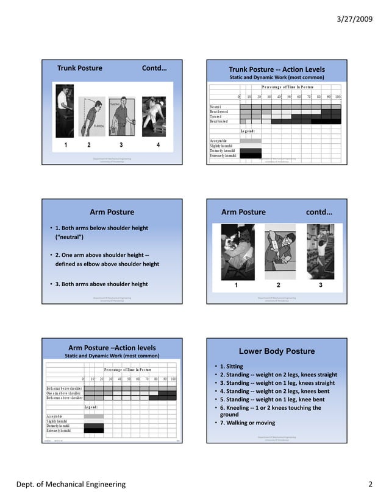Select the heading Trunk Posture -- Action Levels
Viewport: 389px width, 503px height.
pyautogui.click(x=276, y=69)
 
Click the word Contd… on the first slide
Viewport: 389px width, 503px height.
pyautogui.click(x=154, y=68)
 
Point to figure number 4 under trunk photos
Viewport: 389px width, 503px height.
pyautogui.click(x=158, y=145)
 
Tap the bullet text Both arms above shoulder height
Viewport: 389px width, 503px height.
pyautogui.click(x=101, y=284)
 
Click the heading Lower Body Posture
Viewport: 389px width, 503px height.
pyautogui.click(x=276, y=351)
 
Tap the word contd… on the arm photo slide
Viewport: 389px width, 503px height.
pyautogui.click(x=319, y=212)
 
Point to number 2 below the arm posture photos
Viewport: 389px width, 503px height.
pyautogui.click(x=278, y=284)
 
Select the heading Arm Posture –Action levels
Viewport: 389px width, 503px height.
pyautogui.click(x=112, y=348)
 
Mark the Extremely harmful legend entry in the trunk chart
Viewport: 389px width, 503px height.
pyautogui.click(x=223, y=156)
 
